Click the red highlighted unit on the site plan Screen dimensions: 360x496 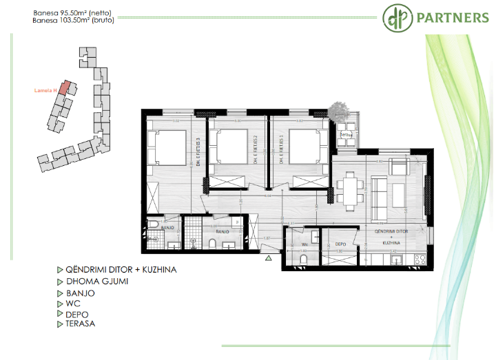point(63,87)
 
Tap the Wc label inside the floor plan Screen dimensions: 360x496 point(304,244)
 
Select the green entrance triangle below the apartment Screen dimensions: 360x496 point(269,259)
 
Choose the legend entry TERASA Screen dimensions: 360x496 point(81,324)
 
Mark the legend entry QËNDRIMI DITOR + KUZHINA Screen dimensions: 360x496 point(121,270)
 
